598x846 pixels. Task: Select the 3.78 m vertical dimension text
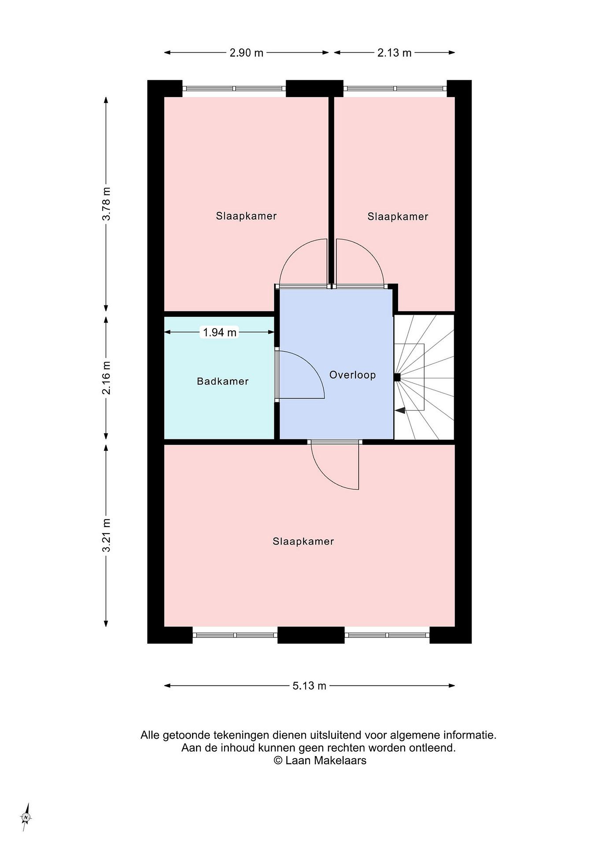pyautogui.click(x=106, y=204)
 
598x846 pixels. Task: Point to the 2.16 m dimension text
pyautogui.click(x=106, y=378)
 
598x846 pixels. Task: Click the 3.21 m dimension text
pyautogui.click(x=106, y=535)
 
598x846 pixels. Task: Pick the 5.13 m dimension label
pyautogui.click(x=309, y=686)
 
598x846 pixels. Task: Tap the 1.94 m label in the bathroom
pyautogui.click(x=220, y=332)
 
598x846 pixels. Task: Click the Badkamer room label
pyautogui.click(x=223, y=381)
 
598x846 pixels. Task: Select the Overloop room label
pyautogui.click(x=352, y=375)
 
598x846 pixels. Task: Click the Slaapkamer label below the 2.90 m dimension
pyautogui.click(x=246, y=216)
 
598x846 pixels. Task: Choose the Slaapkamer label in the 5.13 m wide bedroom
pyautogui.click(x=303, y=541)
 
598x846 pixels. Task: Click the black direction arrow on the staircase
pyautogui.click(x=400, y=410)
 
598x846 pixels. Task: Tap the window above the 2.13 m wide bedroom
pyautogui.click(x=395, y=88)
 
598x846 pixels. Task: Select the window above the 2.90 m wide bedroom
pyautogui.click(x=234, y=88)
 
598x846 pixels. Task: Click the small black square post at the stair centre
pyautogui.click(x=397, y=377)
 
